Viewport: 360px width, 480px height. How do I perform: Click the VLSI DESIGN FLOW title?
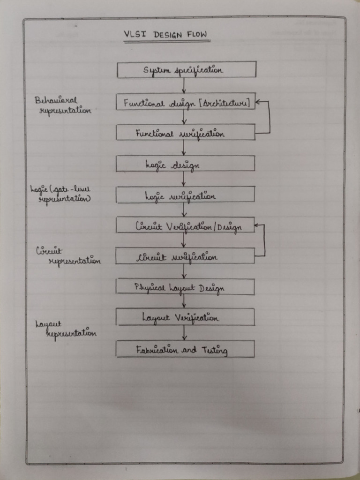pyautogui.click(x=166, y=35)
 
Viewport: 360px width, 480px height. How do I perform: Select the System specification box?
pyautogui.click(x=186, y=70)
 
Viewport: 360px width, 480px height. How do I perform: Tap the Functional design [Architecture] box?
pyautogui.click(x=186, y=102)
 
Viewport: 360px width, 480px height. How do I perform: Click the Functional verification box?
pyautogui.click(x=186, y=133)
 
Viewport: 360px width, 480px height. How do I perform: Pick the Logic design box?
pyautogui.click(x=186, y=164)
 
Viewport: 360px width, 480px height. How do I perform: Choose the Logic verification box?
pyautogui.click(x=186, y=195)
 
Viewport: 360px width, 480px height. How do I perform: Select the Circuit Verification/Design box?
pyautogui.click(x=186, y=225)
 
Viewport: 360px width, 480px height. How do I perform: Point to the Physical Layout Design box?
pyautogui.click(x=186, y=287)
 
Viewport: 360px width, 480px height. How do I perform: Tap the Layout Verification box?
pyautogui.click(x=186, y=317)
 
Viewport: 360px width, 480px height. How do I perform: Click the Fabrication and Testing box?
pyautogui.click(x=186, y=349)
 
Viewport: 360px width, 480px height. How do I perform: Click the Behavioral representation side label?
pyautogui.click(x=62, y=105)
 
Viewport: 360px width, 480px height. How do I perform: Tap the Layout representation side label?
pyautogui.click(x=66, y=329)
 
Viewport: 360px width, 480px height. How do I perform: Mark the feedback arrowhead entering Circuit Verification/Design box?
pyautogui.click(x=258, y=225)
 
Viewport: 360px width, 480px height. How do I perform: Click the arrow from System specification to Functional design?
pyautogui.click(x=184, y=85)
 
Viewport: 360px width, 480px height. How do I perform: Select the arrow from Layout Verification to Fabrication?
pyautogui.click(x=184, y=333)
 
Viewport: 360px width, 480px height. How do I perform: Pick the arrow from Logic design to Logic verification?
pyautogui.click(x=184, y=179)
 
